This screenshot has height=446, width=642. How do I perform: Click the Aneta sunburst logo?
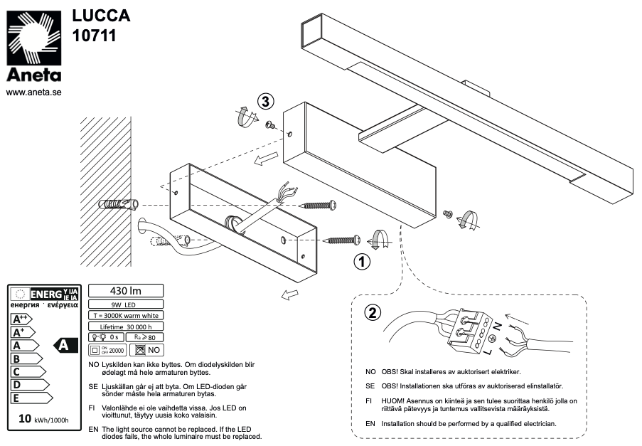33,38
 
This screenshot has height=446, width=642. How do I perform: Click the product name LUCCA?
102,16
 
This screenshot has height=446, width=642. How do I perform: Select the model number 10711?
94,34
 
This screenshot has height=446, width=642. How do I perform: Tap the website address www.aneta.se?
33,92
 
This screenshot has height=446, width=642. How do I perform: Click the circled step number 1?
362,262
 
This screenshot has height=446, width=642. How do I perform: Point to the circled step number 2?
371,312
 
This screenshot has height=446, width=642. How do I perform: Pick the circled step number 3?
265,102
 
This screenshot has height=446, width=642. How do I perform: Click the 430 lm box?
125,290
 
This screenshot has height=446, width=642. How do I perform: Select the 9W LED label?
125,304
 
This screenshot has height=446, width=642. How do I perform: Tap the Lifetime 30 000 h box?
125,325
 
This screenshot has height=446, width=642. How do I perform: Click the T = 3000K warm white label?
125,314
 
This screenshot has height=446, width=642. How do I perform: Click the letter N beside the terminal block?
497,325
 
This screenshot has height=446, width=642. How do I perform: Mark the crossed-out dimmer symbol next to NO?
139,349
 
